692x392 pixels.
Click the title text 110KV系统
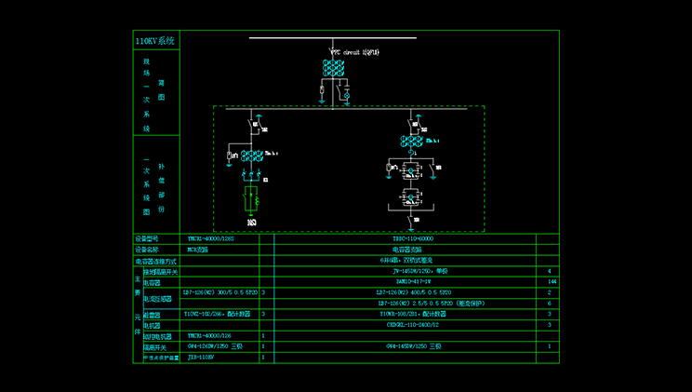(x=154, y=41)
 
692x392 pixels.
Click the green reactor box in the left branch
(x=250, y=200)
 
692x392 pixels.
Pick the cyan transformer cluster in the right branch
(x=413, y=142)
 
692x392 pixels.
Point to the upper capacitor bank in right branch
(x=409, y=170)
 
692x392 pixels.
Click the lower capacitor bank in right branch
(x=409, y=197)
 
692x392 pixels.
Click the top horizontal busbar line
(x=332, y=38)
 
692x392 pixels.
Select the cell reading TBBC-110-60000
(x=406, y=239)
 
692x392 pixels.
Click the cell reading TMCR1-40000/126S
(x=211, y=239)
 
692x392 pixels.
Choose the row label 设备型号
(x=148, y=239)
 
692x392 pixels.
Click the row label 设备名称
(x=148, y=250)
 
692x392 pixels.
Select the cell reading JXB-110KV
(x=201, y=357)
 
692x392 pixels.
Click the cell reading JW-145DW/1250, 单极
(x=407, y=271)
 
